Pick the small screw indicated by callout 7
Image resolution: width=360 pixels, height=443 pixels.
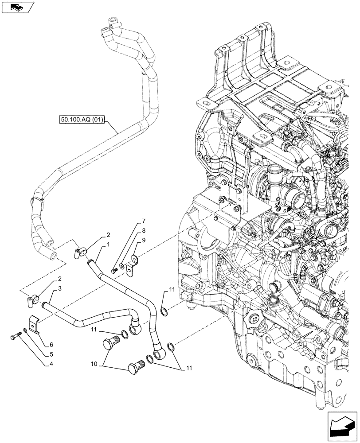(114, 270)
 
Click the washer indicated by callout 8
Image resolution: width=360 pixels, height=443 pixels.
(122, 267)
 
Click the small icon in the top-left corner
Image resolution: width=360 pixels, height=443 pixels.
(18, 7)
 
